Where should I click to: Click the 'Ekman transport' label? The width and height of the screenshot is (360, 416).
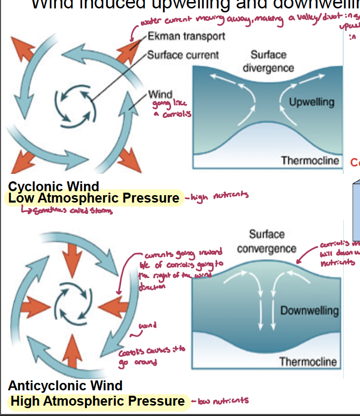tap(186, 37)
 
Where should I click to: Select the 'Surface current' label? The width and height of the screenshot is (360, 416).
tap(182, 54)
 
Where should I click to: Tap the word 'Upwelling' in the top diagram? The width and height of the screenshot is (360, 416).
tap(312, 102)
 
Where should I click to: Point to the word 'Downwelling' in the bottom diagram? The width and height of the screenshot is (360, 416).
tap(309, 310)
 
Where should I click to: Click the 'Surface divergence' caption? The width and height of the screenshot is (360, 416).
tap(268, 61)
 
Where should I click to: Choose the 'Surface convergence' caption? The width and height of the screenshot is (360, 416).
tap(267, 241)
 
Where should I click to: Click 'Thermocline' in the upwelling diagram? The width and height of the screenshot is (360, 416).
tap(310, 161)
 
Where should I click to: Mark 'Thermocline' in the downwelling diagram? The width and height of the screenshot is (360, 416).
tap(308, 362)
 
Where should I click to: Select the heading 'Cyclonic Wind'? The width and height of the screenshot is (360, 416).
tap(53, 186)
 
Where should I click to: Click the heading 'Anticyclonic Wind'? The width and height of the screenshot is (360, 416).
tap(65, 385)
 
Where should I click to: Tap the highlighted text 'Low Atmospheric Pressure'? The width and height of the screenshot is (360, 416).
tap(94, 199)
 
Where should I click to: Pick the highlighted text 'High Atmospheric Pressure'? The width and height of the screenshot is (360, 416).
tap(97, 401)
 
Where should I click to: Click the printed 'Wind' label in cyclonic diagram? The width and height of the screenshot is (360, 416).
tap(160, 94)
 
